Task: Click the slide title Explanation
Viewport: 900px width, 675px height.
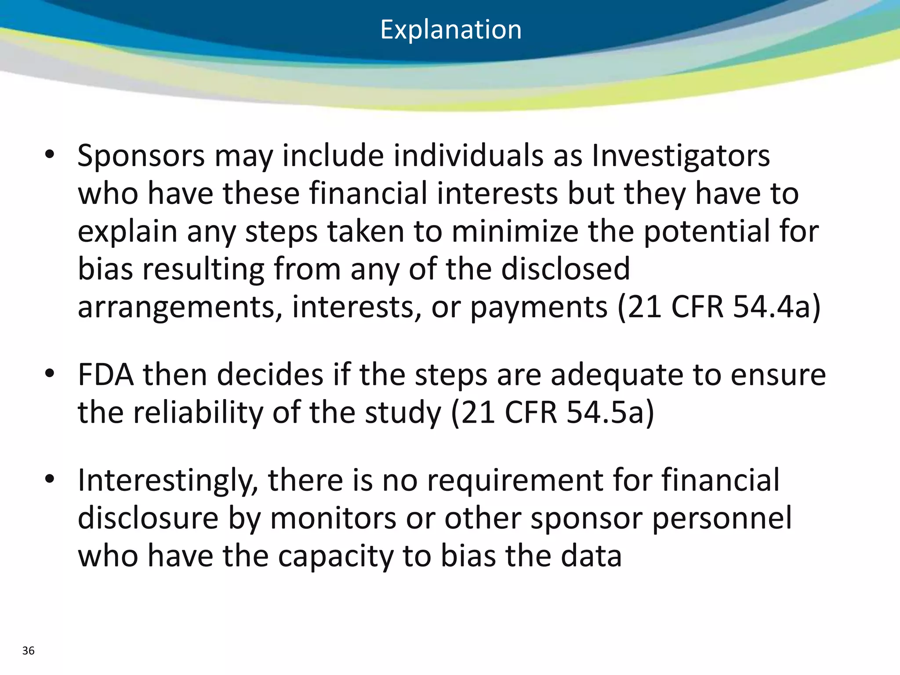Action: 450,30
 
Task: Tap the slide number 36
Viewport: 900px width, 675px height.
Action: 28,651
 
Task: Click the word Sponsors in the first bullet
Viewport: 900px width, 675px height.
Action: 141,156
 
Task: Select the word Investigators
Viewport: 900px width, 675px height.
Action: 681,156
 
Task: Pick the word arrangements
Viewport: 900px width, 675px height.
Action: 180,308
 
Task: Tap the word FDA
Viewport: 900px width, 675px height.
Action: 105,375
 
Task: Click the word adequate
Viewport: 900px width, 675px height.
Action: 617,376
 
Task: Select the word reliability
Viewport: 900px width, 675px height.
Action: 198,413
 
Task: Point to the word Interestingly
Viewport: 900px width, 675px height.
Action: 167,481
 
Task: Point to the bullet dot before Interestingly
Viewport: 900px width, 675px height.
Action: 49,479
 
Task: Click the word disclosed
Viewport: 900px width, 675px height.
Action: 566,269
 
